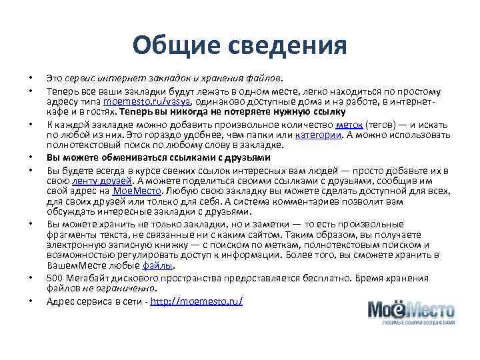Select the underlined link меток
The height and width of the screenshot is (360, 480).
tap(349, 125)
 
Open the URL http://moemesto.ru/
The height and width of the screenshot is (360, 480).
tap(197, 301)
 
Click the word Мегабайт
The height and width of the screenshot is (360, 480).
tap(86, 278)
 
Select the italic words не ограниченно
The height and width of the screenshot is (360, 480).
tap(119, 289)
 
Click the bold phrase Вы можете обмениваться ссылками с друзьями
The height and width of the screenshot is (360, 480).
tap(158, 158)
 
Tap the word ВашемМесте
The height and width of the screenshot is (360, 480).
tap(75, 266)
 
